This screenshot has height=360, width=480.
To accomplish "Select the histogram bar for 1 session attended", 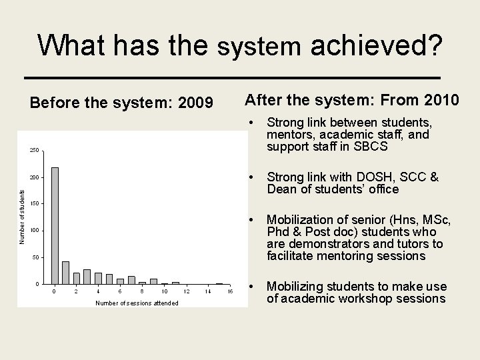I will click(65, 272).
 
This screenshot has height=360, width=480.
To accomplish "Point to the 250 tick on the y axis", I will click(34, 150).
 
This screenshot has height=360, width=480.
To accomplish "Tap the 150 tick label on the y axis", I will click(34, 204).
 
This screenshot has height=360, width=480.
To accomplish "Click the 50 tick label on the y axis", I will click(35, 257).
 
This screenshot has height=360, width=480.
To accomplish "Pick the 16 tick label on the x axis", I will click(229, 291).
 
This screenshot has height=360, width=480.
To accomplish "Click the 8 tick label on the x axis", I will click(142, 291).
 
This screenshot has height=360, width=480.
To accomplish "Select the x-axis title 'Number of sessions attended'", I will click(137, 303).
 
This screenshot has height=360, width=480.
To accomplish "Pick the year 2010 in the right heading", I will click(438, 100).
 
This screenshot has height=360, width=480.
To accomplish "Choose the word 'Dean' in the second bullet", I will click(281, 189).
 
